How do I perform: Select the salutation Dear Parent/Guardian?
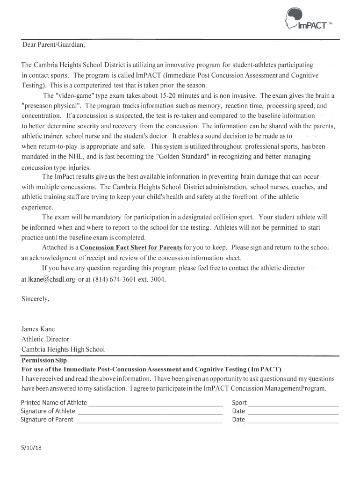[x=54, y=45]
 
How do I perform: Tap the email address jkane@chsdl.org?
[x=51, y=280]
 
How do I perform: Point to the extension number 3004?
[x=156, y=280]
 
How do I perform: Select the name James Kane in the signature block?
[x=38, y=329]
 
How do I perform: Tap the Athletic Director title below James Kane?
[x=45, y=339]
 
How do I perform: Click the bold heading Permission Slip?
[x=44, y=360]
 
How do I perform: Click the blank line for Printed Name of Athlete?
[x=155, y=403]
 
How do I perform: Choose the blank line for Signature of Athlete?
[x=149, y=412]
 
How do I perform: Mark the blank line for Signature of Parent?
[x=148, y=420]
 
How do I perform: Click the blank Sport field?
[x=293, y=403]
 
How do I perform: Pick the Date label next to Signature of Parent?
[x=238, y=420]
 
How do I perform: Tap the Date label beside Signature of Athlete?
[x=238, y=411]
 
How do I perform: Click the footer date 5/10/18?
[x=31, y=448]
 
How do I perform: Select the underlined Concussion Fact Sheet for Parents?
[x=131, y=247]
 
